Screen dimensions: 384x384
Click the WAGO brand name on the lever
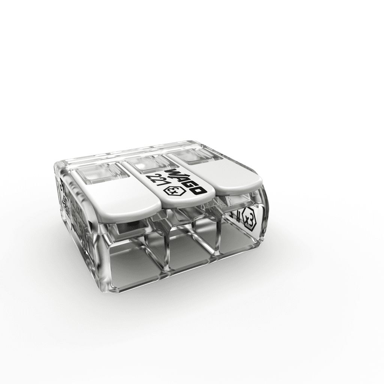click(x=185, y=181)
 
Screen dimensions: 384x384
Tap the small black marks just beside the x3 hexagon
click(x=237, y=216)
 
